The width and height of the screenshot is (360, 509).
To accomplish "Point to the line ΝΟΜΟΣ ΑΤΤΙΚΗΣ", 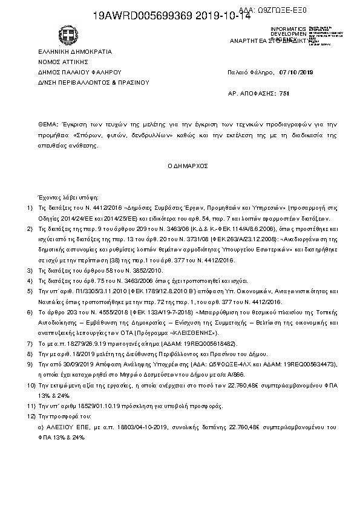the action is click(54, 62).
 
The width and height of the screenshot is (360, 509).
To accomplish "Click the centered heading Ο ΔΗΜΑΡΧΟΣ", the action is click(179, 165).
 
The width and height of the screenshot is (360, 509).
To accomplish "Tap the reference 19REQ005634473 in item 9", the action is click(311, 365).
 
